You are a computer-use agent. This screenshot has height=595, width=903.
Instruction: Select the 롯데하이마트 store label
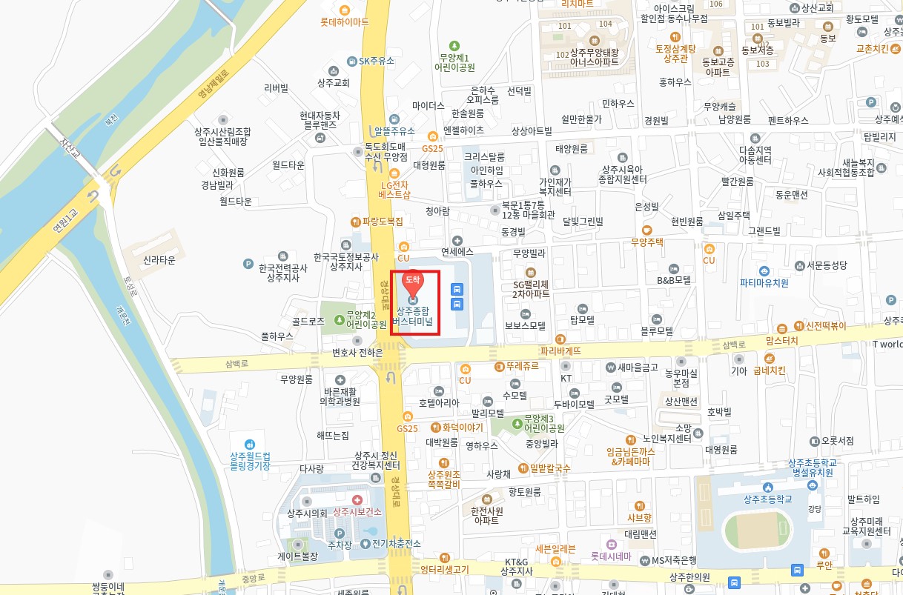tap(344, 22)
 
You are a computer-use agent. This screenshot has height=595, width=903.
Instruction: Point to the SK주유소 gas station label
tap(376, 61)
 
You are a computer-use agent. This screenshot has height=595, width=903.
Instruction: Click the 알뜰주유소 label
tap(394, 131)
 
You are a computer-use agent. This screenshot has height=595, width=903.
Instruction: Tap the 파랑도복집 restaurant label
tap(383, 221)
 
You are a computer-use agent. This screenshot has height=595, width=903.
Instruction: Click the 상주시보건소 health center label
tap(357, 512)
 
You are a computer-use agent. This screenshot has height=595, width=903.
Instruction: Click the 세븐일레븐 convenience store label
tap(555, 549)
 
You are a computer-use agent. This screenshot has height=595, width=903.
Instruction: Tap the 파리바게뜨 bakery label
tap(560, 350)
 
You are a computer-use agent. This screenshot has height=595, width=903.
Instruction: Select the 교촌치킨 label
tap(872, 49)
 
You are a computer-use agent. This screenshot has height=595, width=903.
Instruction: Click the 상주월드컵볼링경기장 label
tap(250, 461)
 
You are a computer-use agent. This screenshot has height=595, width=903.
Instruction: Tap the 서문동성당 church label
tap(826, 265)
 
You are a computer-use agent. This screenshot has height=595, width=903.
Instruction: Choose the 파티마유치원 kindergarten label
tap(764, 282)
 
